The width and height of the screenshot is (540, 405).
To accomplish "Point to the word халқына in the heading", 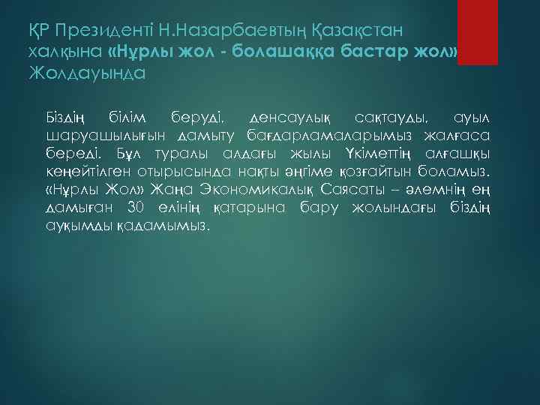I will pos(64,52).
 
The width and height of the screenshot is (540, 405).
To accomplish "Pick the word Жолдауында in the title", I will pos(85,73).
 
